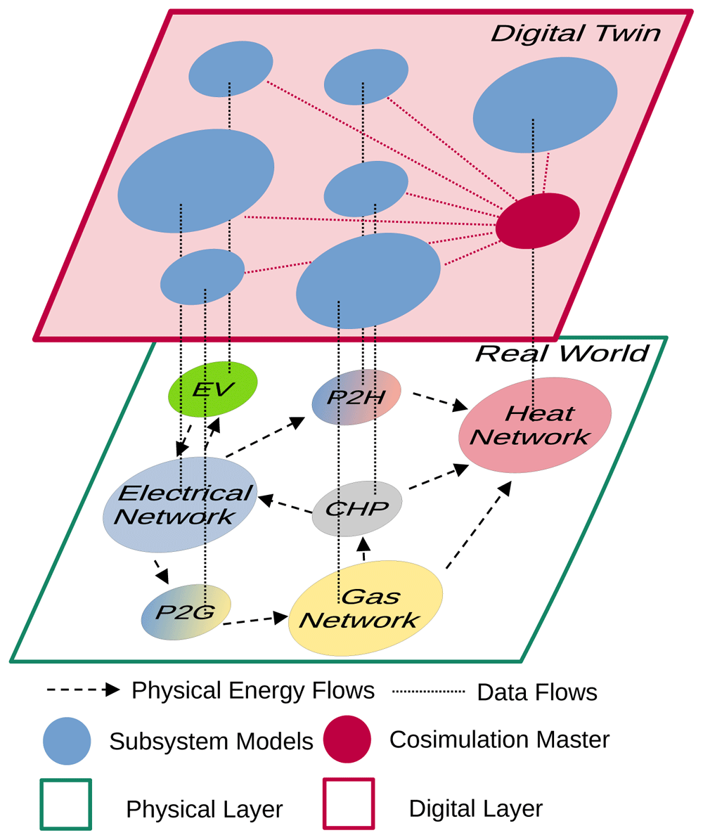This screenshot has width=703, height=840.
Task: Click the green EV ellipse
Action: pos(213,389)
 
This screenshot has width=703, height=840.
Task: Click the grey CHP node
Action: pos(356,508)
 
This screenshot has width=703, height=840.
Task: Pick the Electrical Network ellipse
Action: pos(180,505)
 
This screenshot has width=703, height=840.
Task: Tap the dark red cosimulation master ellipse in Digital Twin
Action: pos(538,220)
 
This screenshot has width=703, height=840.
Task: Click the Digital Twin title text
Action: pos(575,33)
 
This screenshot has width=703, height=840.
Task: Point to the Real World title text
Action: pos(561,353)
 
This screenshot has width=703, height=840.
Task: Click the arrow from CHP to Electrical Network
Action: pos(285,505)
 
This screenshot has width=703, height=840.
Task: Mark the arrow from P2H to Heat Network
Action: pos(440,401)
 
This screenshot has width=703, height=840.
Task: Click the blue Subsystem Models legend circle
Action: pos(67,741)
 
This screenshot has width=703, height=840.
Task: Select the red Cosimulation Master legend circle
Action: pos(347,739)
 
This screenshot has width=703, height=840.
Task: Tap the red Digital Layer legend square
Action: pos(347,803)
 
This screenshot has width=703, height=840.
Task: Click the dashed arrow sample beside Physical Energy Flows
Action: pos(83,690)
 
